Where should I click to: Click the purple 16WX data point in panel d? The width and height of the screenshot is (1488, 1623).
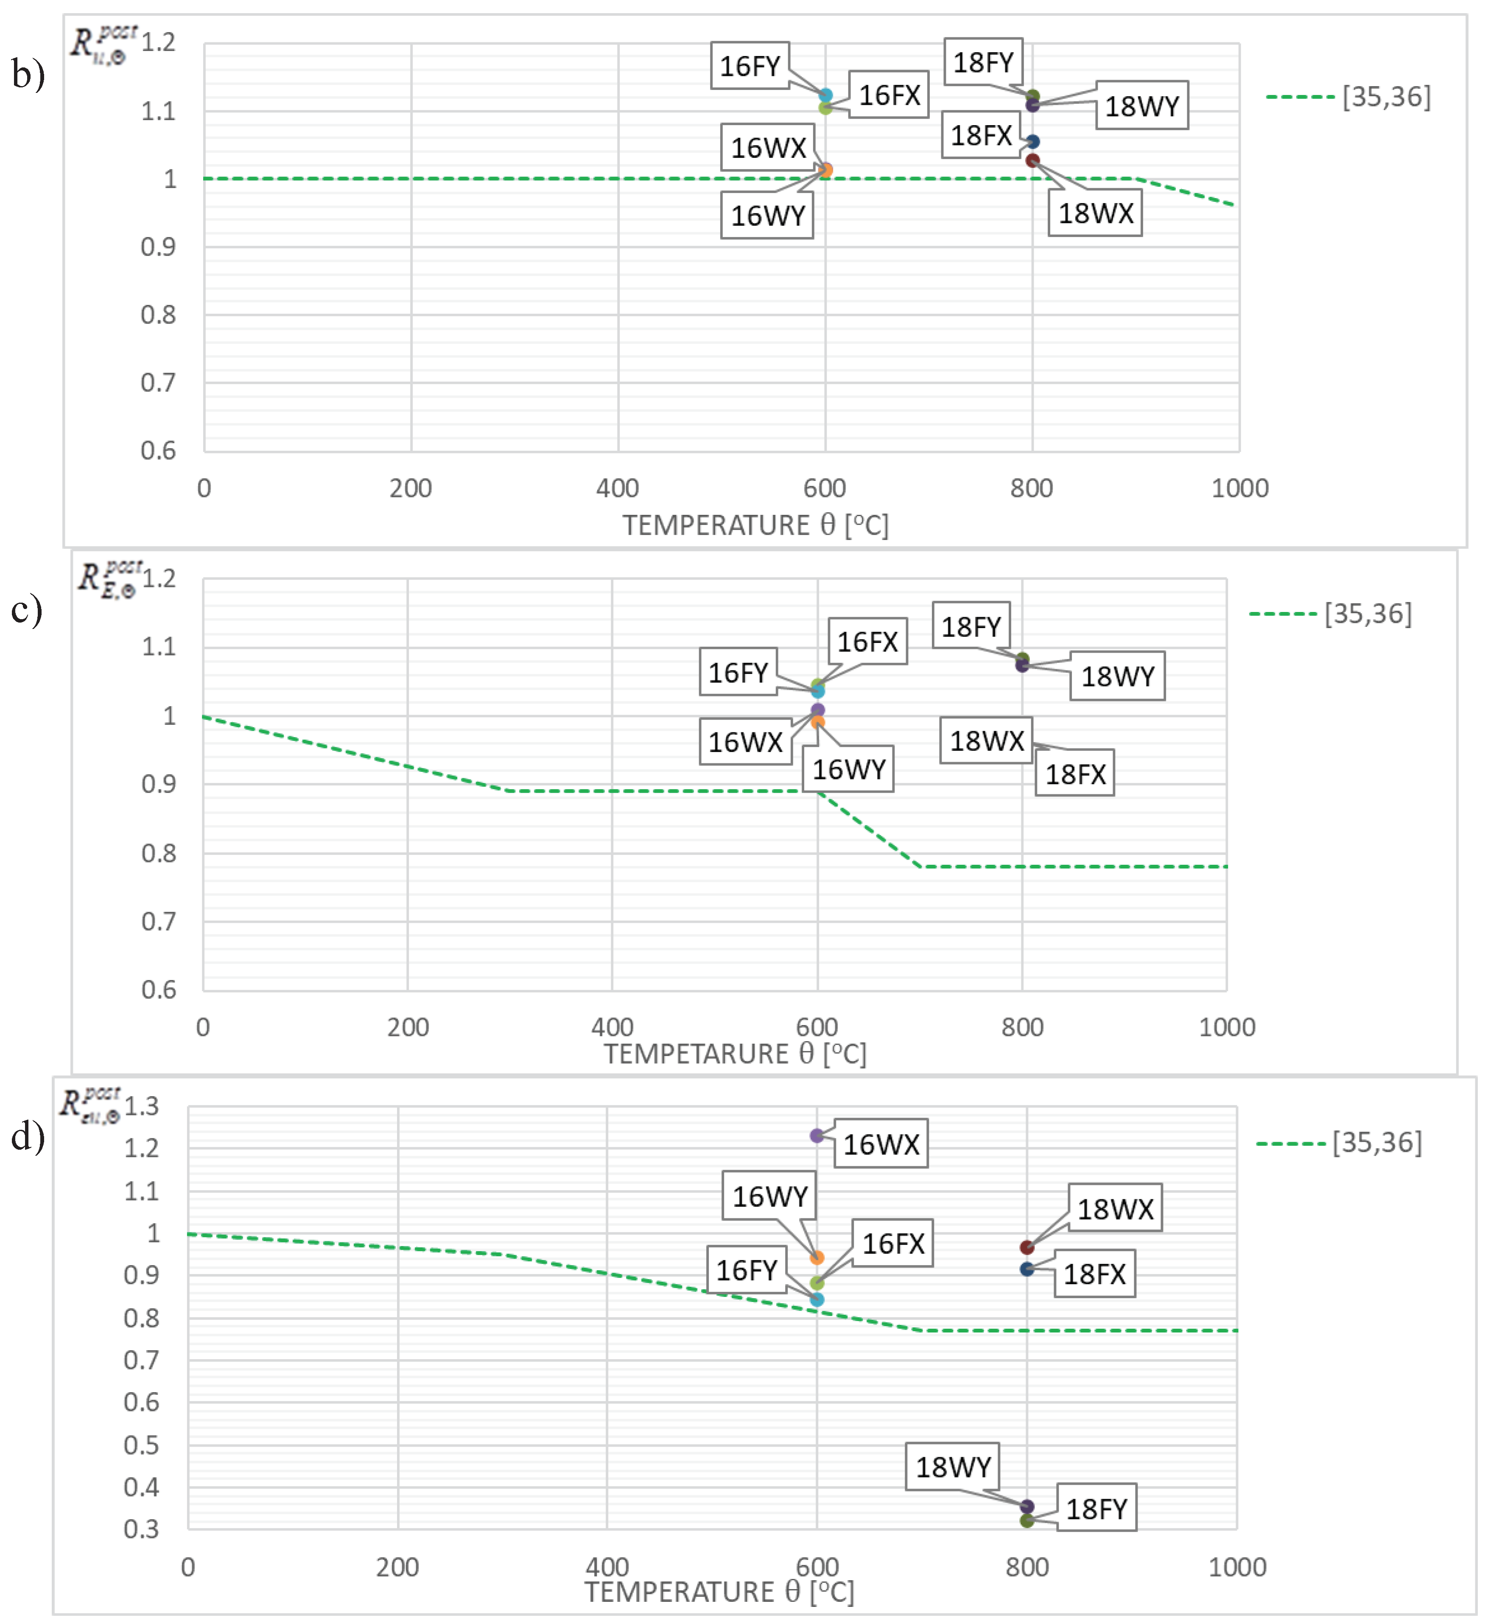(817, 1136)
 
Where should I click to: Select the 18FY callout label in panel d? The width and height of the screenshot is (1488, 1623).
(1096, 1508)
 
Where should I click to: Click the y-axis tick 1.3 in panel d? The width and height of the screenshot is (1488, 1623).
(142, 1106)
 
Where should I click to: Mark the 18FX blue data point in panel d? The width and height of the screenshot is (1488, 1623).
(1026, 1270)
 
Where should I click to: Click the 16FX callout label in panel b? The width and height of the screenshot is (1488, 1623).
(889, 95)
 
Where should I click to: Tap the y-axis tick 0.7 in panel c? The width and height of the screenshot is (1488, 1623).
(159, 921)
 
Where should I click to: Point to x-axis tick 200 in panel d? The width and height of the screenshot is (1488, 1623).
(397, 1567)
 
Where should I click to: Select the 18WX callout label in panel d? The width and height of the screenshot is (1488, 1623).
(1115, 1208)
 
